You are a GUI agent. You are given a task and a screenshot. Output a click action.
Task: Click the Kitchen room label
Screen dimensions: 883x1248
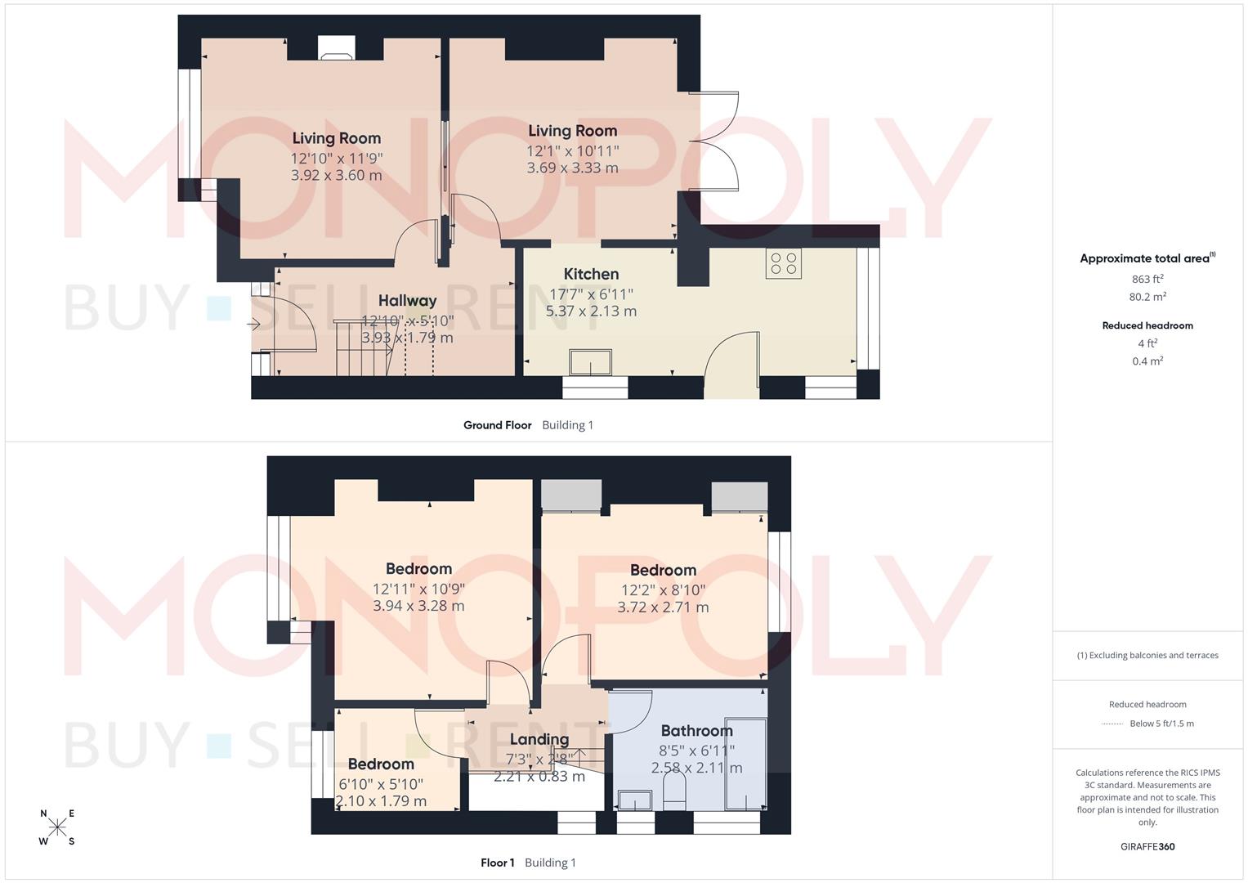591,274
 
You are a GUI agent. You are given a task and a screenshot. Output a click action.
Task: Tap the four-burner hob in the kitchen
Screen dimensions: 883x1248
783,263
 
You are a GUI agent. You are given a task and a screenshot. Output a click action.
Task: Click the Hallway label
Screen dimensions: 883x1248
407,301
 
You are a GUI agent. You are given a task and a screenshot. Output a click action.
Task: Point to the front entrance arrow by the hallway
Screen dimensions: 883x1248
254,325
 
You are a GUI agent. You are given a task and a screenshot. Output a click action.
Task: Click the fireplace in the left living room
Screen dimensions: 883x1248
336,48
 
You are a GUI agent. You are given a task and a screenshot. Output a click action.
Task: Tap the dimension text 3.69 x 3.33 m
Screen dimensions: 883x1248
572,168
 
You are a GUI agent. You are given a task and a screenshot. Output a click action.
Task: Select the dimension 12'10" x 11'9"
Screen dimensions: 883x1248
337,158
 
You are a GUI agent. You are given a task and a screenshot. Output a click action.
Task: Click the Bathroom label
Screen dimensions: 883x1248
696,731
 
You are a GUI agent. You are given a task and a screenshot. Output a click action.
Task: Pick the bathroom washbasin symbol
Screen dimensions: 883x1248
634,800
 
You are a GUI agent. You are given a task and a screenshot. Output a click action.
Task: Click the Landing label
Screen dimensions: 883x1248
539,739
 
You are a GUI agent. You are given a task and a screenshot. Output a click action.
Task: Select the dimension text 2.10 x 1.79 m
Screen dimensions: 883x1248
381,801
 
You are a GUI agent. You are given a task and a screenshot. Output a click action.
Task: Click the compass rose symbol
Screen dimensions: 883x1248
57,827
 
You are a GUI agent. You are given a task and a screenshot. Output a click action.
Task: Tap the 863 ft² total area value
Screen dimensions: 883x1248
1147,279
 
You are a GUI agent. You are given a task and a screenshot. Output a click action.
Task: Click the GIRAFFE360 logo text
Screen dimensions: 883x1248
1147,847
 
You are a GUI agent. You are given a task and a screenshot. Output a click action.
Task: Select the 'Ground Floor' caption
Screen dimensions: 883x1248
497,425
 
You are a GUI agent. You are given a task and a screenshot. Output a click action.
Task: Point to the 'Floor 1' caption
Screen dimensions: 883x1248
497,863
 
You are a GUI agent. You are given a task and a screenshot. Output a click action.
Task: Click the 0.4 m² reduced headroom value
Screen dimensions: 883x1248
1147,361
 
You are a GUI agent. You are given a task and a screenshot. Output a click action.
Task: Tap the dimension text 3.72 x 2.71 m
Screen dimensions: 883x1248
663,607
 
